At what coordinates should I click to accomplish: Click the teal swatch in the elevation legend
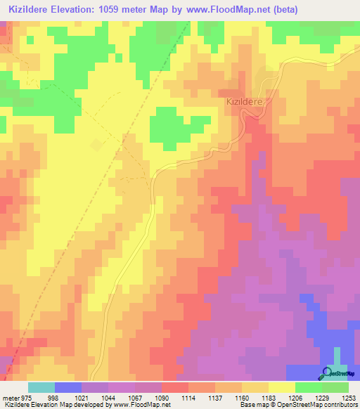pos(41,387)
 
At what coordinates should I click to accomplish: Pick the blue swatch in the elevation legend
pos(68,387)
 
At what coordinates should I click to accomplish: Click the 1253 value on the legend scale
pos(349,398)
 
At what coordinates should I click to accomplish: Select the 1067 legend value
pos(136,398)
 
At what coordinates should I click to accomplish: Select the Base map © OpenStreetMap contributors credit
pos(298,405)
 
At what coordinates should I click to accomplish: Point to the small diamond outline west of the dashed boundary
pos(96,145)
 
